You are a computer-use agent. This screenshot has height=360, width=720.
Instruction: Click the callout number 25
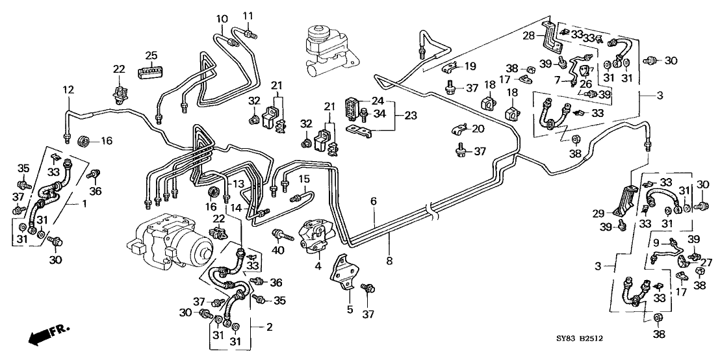[x=151, y=55]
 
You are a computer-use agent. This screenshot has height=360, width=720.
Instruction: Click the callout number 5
[x=350, y=310]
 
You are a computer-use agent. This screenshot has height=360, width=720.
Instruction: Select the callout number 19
[x=470, y=66]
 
